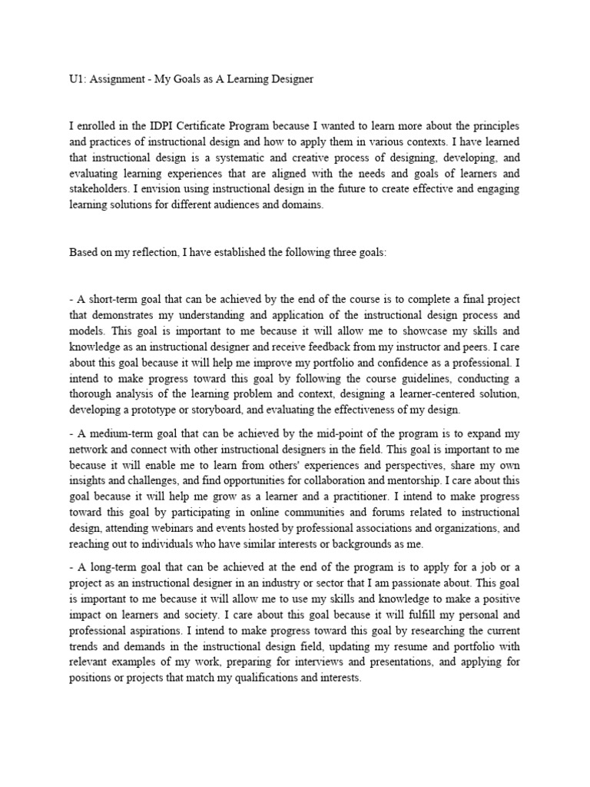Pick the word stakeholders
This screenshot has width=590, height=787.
tap(98, 190)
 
